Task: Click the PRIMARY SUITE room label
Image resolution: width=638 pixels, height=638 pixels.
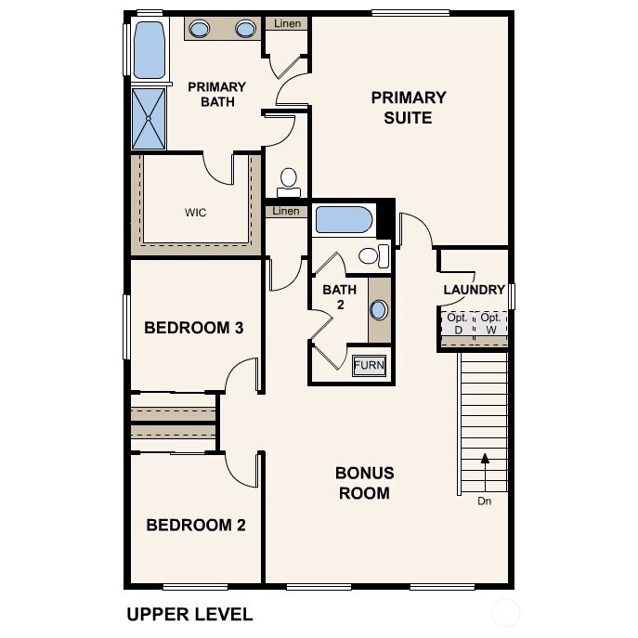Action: tap(409, 108)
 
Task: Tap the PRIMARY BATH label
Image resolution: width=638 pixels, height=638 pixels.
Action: tap(216, 94)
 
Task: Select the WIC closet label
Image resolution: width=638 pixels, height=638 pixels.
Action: tap(195, 213)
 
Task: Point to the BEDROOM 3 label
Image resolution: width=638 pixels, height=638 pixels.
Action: tap(193, 328)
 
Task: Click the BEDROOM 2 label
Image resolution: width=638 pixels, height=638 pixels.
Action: tap(196, 525)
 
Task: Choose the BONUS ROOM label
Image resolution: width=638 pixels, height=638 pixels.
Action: tap(364, 483)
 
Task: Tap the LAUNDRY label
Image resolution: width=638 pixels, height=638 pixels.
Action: tap(474, 290)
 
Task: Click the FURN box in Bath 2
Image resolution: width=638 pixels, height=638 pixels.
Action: tap(369, 365)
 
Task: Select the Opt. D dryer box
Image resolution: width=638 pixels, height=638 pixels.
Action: tap(456, 324)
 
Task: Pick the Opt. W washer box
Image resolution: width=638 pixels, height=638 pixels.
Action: tap(490, 324)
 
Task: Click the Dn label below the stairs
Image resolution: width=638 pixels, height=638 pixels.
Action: tap(484, 501)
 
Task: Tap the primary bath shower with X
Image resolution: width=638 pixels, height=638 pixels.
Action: tap(149, 118)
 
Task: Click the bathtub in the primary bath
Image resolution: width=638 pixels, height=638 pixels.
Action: tap(149, 51)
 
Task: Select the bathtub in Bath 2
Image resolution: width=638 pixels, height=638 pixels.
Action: tap(344, 220)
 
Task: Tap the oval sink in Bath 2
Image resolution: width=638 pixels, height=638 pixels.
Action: tap(379, 310)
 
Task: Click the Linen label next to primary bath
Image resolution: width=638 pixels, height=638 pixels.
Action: tap(287, 23)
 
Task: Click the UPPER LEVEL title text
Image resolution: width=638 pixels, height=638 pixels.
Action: tap(189, 614)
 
